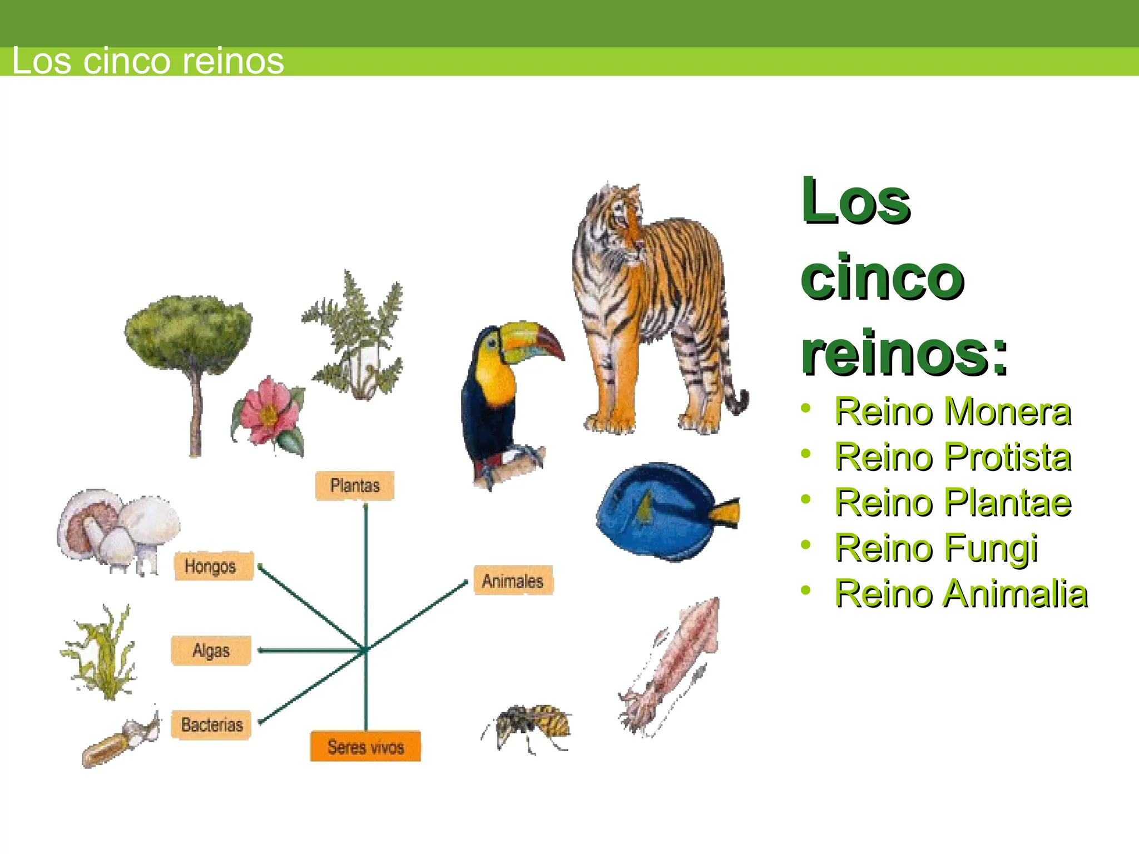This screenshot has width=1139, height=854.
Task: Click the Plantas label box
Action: pyautogui.click(x=355, y=486)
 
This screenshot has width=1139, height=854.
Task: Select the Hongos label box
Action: pyautogui.click(x=214, y=566)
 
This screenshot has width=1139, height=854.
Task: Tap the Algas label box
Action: pyautogui.click(x=211, y=651)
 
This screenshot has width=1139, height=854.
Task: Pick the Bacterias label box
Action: pyautogui.click(x=211, y=724)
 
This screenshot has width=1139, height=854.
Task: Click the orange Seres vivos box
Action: pyautogui.click(x=365, y=746)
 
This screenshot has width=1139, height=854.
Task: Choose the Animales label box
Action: pyautogui.click(x=513, y=581)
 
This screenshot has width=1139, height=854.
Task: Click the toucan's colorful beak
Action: pyautogui.click(x=531, y=339)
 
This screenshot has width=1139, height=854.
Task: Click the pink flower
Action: pyautogui.click(x=268, y=411)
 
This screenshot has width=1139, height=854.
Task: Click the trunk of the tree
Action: pyautogui.click(x=195, y=411)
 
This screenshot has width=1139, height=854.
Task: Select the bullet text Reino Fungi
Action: pyautogui.click(x=936, y=548)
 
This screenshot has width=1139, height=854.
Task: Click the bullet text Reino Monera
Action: pyautogui.click(x=953, y=412)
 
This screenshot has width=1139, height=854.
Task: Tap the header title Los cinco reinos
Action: pyautogui.click(x=148, y=61)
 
